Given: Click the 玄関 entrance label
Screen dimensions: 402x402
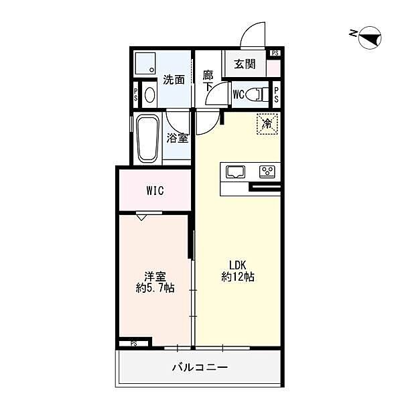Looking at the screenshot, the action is pos(245,64).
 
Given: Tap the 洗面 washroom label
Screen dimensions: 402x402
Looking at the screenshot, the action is pos(174,80).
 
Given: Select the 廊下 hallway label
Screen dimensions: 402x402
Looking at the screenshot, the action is pos(208,81).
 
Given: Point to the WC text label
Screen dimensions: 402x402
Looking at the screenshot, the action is pos(239,94).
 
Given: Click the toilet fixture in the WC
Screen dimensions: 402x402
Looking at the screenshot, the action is pos(257,94).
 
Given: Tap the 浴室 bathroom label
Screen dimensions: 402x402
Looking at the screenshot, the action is pos(178,138).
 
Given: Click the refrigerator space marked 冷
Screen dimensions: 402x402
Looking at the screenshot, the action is pos(267,125).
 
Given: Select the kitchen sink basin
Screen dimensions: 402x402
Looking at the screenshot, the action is pos(235,172).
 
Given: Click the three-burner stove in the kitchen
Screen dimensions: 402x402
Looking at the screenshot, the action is pos(267,172).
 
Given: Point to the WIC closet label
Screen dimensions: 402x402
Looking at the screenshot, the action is pos(155,190).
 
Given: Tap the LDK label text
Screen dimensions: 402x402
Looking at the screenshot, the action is pos(238,265).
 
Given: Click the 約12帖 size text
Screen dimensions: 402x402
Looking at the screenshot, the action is pos(238,277).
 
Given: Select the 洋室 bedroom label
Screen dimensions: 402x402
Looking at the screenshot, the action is pos(155,277).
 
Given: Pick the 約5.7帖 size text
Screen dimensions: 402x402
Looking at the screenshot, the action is pos(155,288).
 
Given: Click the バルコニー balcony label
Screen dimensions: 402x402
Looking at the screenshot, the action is pos(200,368).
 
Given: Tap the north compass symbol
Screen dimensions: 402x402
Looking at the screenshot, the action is pos(370,38).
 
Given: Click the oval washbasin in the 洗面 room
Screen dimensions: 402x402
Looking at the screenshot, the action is pos(149,94).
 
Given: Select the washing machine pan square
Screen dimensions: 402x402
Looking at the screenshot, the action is pos(145,64).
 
